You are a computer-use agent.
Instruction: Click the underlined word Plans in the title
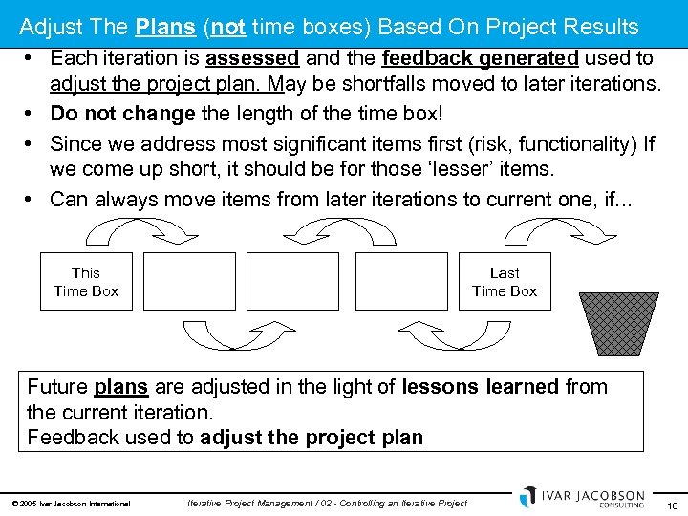coord(164,26)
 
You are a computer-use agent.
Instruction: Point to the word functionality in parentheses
coord(571,143)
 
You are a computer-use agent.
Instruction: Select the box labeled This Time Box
coord(86,282)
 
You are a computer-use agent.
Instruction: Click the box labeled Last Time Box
coord(505,282)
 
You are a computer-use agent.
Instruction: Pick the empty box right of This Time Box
coord(189,282)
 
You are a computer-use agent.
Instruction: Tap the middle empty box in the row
coord(293,282)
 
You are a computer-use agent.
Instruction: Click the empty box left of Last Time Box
coord(400,282)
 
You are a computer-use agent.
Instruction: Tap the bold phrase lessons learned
coord(480,387)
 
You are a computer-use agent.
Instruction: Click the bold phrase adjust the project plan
coord(311,438)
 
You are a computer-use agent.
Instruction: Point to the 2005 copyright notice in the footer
coord(73,504)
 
